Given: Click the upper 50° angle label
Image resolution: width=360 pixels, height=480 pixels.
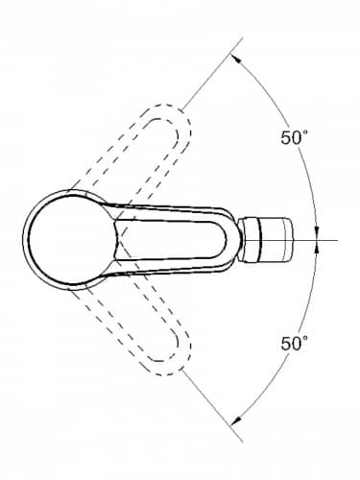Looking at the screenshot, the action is (x=294, y=137).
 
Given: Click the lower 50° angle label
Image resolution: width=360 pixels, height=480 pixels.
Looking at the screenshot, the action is (x=294, y=343).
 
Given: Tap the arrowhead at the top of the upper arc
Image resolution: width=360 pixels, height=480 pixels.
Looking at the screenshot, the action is (x=236, y=60).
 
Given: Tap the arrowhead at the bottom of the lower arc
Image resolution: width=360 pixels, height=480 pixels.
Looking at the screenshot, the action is (x=236, y=420).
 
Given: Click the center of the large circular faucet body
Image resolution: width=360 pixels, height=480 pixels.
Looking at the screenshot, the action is (x=71, y=240).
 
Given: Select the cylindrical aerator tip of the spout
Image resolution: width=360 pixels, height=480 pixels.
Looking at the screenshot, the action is (x=266, y=240).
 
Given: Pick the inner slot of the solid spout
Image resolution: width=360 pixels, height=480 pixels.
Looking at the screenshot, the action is (x=170, y=240).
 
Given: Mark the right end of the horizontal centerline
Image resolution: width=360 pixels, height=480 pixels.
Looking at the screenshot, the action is (x=338, y=240).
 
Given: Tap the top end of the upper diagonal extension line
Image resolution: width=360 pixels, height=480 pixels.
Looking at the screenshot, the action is (x=242, y=37).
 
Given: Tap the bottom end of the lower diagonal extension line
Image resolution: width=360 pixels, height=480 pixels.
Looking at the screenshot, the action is (x=242, y=442).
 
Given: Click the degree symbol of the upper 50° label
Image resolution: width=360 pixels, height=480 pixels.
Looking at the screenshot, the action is (x=305, y=132).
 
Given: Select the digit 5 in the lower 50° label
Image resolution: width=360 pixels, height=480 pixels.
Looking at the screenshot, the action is (x=286, y=343).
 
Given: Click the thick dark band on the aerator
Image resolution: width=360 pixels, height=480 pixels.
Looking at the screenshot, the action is (x=261, y=240).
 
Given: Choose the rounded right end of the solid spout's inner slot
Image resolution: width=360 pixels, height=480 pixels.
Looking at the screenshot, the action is (x=222, y=240).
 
